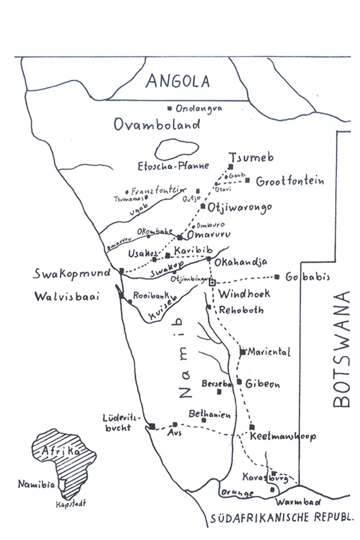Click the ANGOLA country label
tap(178, 81)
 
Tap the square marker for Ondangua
tap(170, 108)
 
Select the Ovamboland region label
tap(157, 124)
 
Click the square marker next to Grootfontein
tap(247, 180)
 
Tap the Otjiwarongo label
tap(240, 207)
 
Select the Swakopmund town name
tap(74, 274)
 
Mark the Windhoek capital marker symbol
tap(213, 282)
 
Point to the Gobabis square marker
tap(277, 277)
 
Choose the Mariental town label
tap(269, 351)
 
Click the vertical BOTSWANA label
tap(342, 349)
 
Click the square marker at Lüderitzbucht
tap(152, 426)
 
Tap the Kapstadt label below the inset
tap(71, 504)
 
